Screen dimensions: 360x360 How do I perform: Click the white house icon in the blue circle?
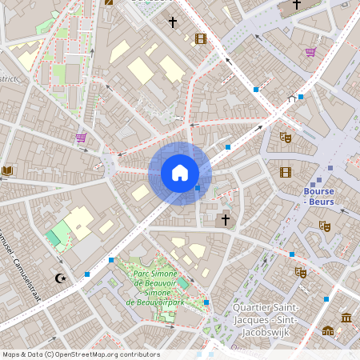(180, 173)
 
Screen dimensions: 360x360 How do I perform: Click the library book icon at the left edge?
(7, 170)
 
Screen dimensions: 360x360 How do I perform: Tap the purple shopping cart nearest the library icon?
(81, 138)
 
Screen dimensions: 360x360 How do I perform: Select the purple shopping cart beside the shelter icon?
(310, 53)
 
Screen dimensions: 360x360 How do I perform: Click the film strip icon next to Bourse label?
(286, 171)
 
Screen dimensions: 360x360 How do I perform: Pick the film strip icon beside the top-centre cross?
(200, 38)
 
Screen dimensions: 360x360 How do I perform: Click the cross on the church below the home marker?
(226, 218)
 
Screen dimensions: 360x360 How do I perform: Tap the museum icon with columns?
(346, 318)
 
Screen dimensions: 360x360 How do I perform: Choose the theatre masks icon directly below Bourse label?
(324, 226)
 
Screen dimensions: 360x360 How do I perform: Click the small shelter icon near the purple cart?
(292, 99)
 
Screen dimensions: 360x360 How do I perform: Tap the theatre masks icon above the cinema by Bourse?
(285, 138)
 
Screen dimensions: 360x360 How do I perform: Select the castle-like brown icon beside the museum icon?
(328, 330)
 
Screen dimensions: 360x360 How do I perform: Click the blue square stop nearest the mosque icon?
(87, 274)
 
